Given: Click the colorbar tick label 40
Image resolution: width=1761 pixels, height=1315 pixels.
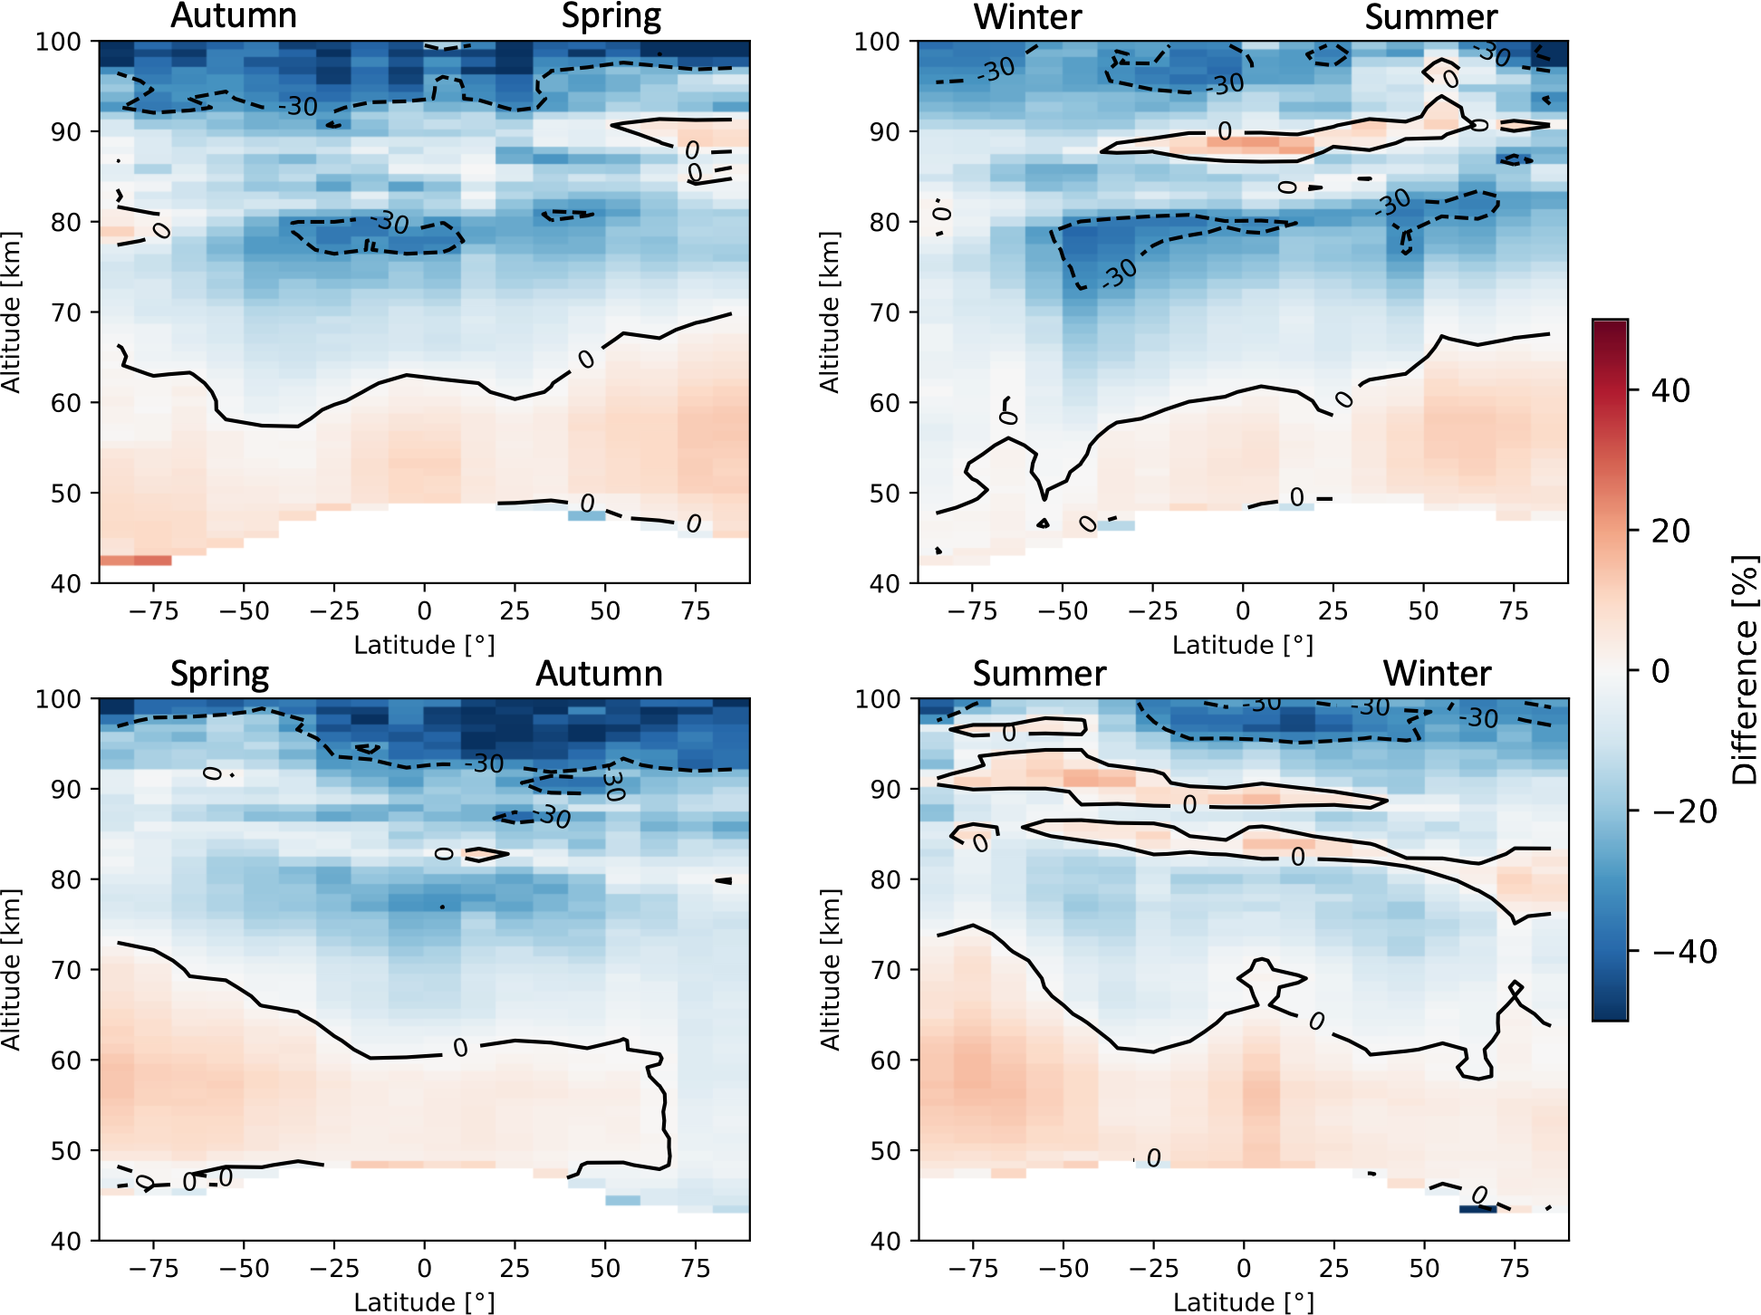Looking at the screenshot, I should coord(1670,391).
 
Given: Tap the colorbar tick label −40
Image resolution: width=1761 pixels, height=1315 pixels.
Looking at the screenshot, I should coord(1684,952).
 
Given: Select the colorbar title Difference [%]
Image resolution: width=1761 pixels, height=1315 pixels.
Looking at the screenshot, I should coord(1744,670).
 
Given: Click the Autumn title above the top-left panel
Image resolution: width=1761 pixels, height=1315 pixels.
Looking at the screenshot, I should coord(234,16).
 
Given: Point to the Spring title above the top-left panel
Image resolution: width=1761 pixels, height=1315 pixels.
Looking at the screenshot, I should coord(611,16).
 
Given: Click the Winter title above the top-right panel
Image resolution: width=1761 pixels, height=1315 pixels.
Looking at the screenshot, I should coord(1028,17).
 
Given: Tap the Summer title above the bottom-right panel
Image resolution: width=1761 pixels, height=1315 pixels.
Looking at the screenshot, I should coord(1039,674).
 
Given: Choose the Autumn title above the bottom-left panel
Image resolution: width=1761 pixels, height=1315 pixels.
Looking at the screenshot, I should coord(599,674).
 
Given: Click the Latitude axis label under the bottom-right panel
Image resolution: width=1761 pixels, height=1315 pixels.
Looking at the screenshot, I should coord(1243,1301).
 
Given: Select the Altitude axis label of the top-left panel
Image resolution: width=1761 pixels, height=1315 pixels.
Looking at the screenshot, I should coord(11,312).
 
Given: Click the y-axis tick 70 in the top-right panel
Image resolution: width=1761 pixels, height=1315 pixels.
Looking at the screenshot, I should coord(885,312).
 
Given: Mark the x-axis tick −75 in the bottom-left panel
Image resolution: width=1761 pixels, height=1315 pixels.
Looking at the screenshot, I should coord(153,1268).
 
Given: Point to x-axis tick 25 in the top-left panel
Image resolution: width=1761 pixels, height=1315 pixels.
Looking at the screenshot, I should coord(515,611).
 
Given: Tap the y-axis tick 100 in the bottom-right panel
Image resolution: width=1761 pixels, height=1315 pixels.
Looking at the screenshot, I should coord(879,699).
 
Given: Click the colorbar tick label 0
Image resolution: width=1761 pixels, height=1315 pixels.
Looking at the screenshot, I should coord(1660,671).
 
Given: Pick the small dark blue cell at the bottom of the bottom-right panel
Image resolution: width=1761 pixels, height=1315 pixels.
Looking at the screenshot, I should coord(1477,1209).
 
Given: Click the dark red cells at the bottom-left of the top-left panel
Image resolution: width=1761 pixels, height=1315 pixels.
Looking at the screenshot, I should coord(135,561).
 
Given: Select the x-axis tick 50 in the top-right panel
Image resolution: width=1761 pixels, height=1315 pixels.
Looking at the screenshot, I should coord(1423,611).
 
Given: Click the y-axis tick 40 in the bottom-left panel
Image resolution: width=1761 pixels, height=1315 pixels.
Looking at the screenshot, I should coord(66,1241).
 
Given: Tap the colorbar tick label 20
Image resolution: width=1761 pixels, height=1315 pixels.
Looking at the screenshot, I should coord(1670,531).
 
